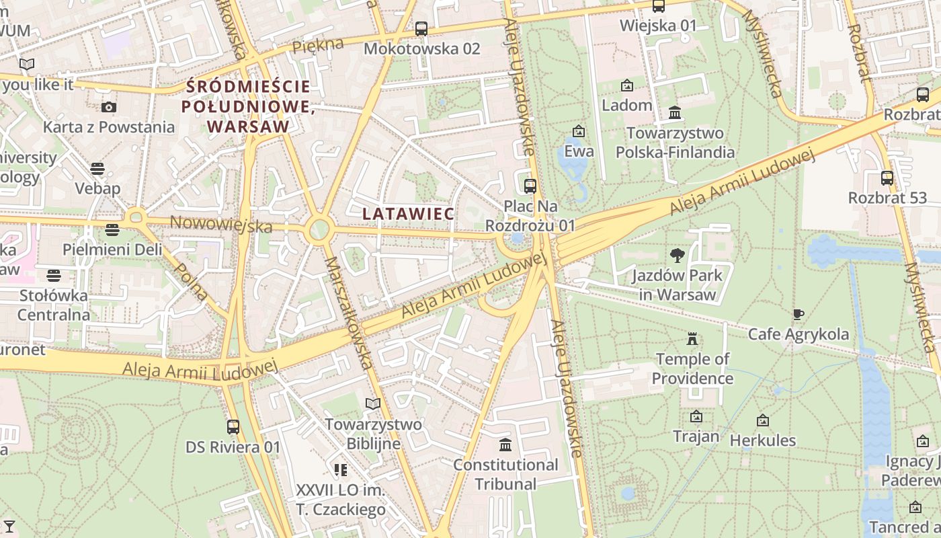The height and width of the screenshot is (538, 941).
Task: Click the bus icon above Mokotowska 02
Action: click(x=421, y=29)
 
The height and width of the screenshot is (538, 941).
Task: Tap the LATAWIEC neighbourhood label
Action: click(x=408, y=213)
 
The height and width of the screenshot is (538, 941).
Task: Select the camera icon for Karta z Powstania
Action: click(x=108, y=107)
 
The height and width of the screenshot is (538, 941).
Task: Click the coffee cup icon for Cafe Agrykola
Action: click(x=798, y=314)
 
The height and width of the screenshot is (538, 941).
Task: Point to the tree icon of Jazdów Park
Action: click(x=677, y=255)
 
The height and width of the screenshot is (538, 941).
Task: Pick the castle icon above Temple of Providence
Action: click(x=692, y=339)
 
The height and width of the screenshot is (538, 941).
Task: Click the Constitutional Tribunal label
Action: click(x=505, y=474)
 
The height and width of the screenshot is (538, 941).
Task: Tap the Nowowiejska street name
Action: click(x=221, y=224)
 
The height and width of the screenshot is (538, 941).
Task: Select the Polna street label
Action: click(x=190, y=281)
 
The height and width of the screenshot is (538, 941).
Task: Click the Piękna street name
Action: click(x=318, y=46)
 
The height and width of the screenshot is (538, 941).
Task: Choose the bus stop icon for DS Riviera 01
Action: click(x=233, y=427)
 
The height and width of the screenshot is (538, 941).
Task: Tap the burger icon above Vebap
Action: click(x=98, y=168)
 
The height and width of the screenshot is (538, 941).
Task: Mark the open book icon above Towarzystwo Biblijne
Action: click(x=373, y=403)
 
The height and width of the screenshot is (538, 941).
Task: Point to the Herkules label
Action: click(x=763, y=440)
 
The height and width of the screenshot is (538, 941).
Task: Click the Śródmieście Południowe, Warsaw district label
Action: click(x=248, y=106)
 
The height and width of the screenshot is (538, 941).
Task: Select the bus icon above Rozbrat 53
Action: click(x=887, y=178)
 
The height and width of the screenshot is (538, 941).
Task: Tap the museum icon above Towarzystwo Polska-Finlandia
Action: click(x=675, y=112)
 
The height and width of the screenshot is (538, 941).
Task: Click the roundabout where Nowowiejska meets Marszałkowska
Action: click(x=319, y=229)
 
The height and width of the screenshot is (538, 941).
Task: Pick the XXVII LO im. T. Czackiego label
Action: click(x=341, y=500)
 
